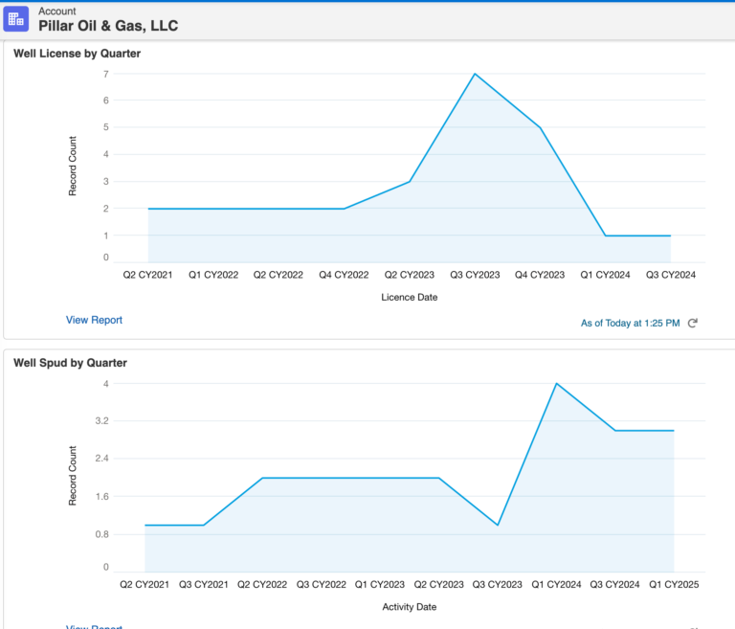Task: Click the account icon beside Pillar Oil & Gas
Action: point(16,19)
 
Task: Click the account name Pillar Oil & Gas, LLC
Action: point(107,26)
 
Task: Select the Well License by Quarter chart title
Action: point(77,54)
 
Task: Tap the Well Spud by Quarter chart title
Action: point(70,363)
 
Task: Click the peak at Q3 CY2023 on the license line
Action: point(475,74)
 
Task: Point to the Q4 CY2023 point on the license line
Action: point(541,127)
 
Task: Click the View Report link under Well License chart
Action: point(94,320)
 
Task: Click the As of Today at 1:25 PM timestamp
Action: point(630,324)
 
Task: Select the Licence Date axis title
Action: point(410,297)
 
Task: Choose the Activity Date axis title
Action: point(410,606)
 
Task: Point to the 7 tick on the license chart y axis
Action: point(105,74)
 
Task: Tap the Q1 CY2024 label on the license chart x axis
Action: point(606,275)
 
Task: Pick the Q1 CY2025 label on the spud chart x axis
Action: point(674,583)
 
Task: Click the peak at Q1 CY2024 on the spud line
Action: point(556,384)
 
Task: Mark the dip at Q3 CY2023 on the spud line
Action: point(498,525)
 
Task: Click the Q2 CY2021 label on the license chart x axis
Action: point(148,275)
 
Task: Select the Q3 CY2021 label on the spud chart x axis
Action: point(204,583)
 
